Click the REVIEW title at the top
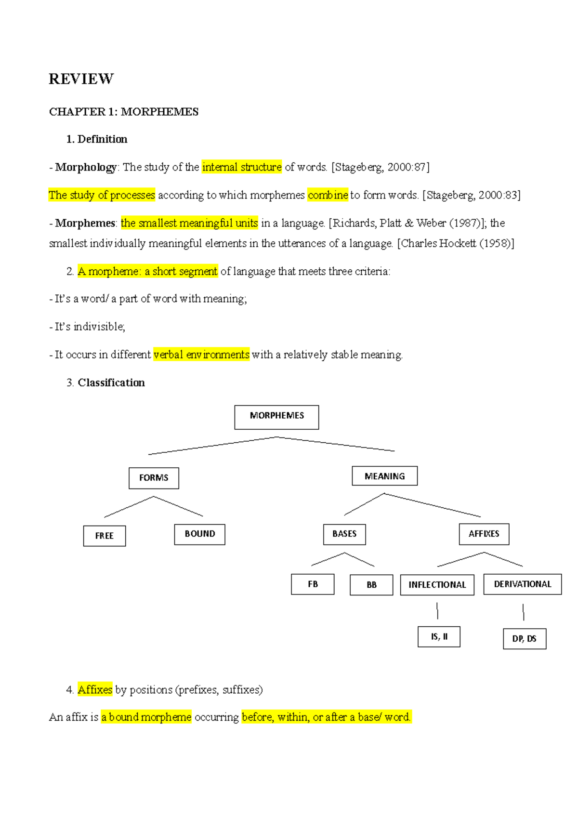[81, 79]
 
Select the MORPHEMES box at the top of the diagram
[276, 417]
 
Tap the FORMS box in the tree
[154, 478]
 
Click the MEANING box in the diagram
[384, 476]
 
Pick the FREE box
[105, 536]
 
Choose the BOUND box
[199, 534]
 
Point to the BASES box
[344, 534]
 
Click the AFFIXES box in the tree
[484, 534]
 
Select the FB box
[313, 584]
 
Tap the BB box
[371, 585]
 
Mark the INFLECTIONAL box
[437, 585]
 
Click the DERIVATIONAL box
[523, 584]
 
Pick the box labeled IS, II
[439, 637]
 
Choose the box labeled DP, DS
[525, 639]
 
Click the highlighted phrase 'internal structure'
[242, 167]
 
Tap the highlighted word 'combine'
[328, 195]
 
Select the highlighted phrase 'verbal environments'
[201, 355]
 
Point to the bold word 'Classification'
[111, 383]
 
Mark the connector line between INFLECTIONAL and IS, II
[437, 610]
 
